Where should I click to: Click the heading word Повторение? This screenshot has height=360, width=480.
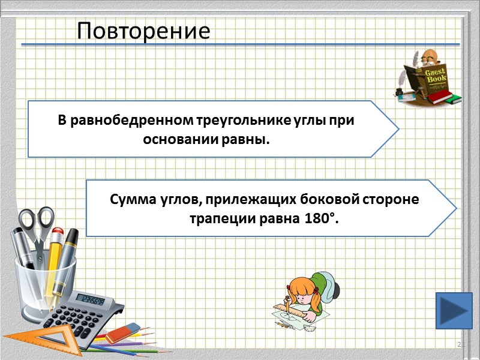click(x=143, y=31)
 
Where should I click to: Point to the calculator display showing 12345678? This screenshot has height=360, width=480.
click(x=92, y=299)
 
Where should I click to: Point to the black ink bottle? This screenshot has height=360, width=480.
click(x=400, y=91)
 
